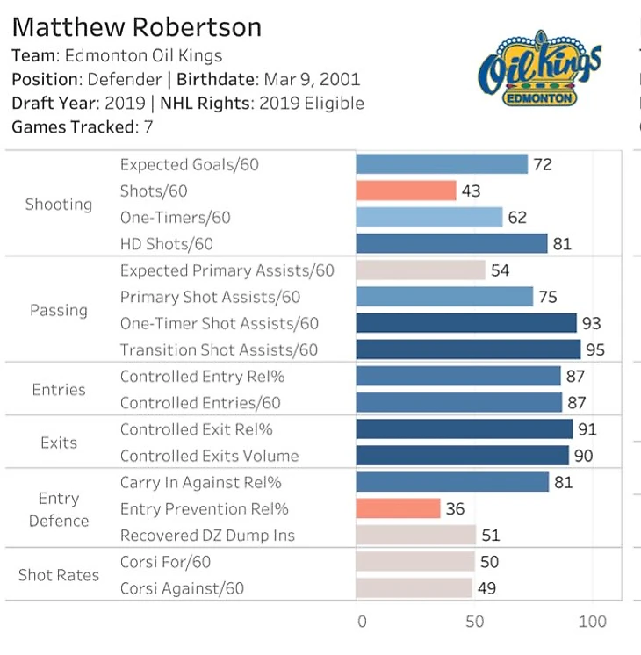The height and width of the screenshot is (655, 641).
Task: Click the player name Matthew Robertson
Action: click(136, 26)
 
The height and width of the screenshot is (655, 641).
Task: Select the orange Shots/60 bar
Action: click(406, 191)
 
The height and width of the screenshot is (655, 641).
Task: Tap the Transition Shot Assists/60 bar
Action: click(468, 349)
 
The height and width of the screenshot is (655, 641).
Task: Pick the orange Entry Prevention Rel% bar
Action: click(398, 508)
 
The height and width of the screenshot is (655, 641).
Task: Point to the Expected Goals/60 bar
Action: click(442, 164)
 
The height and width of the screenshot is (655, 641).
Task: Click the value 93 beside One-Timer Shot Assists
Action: click(591, 323)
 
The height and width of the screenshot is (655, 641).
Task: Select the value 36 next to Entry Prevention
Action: click(455, 508)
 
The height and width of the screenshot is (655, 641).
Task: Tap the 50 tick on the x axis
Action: click(475, 622)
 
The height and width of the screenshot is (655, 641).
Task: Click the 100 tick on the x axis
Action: click(593, 622)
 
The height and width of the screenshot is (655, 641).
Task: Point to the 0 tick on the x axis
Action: click(362, 622)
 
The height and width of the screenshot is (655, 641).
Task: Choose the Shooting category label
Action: click(59, 205)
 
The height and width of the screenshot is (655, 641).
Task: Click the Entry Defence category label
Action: click(59, 509)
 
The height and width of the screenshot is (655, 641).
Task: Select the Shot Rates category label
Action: click(59, 575)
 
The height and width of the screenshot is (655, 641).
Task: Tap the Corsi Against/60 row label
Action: click(182, 588)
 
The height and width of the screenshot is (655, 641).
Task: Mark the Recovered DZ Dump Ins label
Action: click(207, 536)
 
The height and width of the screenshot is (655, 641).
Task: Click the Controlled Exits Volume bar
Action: click(463, 456)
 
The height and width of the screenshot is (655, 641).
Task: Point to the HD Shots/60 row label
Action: click(166, 244)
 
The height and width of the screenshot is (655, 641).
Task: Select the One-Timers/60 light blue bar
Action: click(429, 217)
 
